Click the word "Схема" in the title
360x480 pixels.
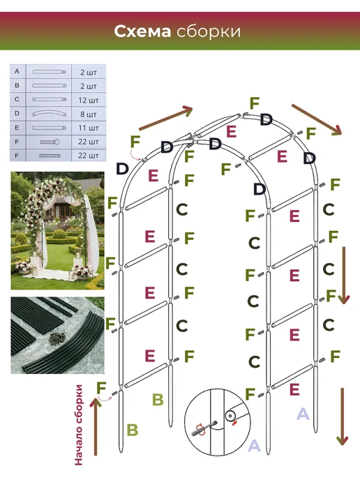[142, 31]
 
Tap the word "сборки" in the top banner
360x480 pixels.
[209, 32]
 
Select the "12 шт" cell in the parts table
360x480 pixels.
[89, 100]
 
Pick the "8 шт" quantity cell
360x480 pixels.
[89, 114]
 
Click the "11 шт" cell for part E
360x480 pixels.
[89, 128]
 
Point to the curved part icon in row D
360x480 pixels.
[49, 114]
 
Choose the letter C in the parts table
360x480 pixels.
[17, 99]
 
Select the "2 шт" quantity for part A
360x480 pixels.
[89, 73]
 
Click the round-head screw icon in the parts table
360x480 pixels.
[50, 142]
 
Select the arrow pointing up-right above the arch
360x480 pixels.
[165, 118]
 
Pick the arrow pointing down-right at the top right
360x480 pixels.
[317, 119]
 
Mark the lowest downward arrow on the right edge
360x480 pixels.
[343, 417]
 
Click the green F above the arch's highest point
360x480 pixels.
[255, 103]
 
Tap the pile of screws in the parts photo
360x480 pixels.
[57, 338]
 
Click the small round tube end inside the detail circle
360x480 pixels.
[230, 416]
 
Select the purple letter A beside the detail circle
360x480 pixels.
[254, 445]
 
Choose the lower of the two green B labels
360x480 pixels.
[133, 430]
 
